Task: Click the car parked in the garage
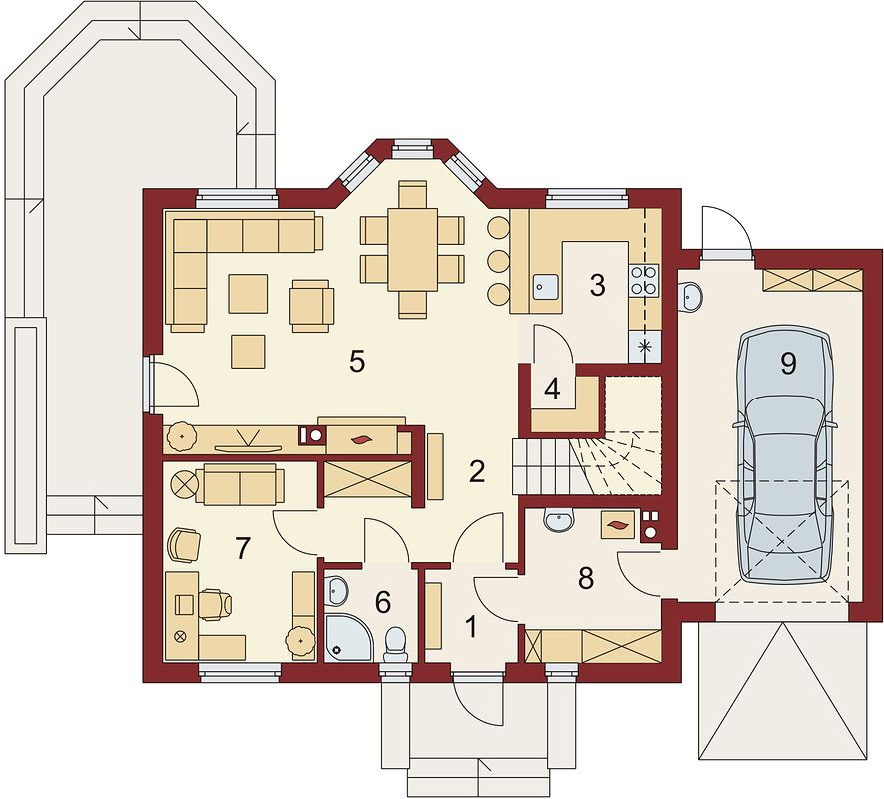coord(784,455)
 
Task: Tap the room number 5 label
coord(357,361)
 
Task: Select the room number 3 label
coord(597,285)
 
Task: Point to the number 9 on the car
coord(788,364)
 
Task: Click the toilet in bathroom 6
coord(396,645)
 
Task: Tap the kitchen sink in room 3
coord(545,286)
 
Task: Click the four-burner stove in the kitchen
coord(644,279)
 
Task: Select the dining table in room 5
coord(413,250)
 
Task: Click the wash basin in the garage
coord(690,295)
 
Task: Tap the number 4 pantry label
coord(552,390)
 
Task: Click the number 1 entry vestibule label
coord(471,627)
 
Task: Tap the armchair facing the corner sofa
coord(312,305)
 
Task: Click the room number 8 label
coord(586,578)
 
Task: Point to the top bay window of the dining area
coord(413,147)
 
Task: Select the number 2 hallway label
coord(476,471)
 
